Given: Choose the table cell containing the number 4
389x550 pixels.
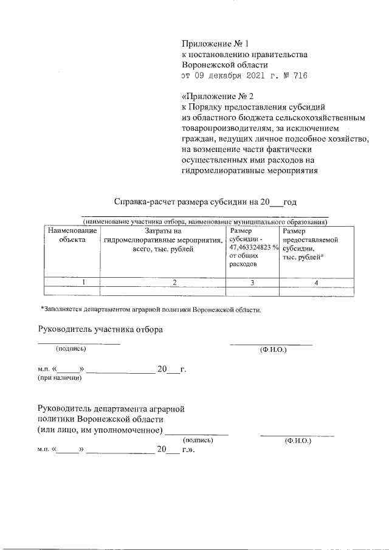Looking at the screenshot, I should coord(316,282).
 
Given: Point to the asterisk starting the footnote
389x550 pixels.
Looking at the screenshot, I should coord(43,309).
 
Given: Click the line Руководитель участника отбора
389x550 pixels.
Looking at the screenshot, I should coord(100,330).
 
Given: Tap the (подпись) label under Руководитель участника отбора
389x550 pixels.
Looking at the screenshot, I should coord(71,349).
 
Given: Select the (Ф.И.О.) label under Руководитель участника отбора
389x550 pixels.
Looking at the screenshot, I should coord(273,349).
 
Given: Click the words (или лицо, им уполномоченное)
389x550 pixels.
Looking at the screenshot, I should coord(100,431).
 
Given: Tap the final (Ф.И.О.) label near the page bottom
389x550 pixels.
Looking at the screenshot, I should coord(297,440).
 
